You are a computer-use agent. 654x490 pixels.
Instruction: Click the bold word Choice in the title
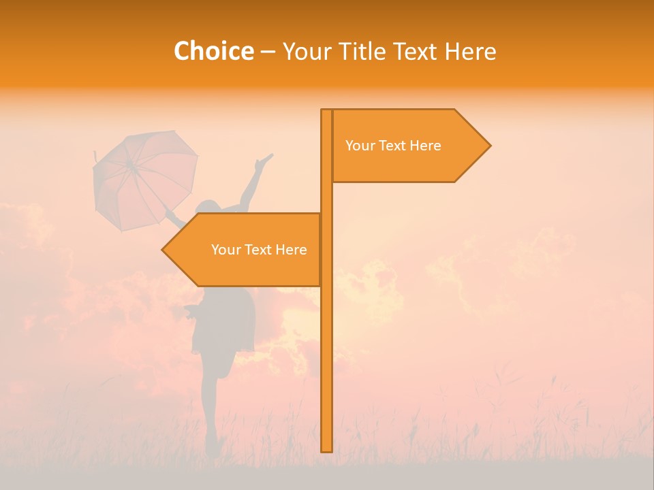213,52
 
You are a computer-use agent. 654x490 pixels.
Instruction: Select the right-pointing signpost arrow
409,146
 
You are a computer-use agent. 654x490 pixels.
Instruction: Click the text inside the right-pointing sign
393,146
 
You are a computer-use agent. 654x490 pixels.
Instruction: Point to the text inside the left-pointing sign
259,250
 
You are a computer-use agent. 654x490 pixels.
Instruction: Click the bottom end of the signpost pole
326,449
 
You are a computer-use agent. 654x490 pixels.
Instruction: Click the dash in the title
268,52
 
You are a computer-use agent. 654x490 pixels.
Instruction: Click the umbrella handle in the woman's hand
170,216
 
